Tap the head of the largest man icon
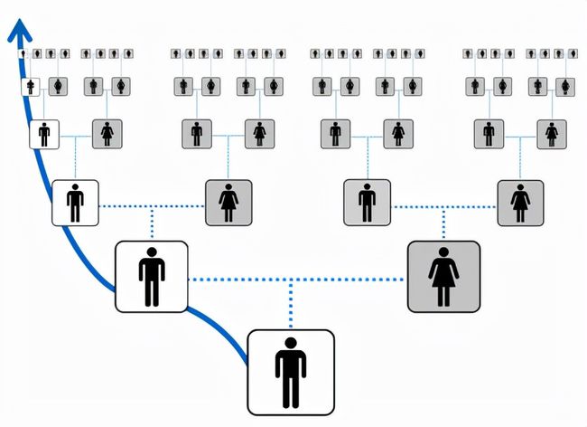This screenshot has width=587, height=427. (291, 344)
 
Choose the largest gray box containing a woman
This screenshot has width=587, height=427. (443, 277)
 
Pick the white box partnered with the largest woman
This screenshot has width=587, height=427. (151, 277)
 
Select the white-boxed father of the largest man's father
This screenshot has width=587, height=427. (75, 203)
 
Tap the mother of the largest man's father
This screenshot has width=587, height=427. (228, 203)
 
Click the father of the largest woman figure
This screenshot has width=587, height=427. (368, 203)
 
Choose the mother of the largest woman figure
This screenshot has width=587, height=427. (520, 203)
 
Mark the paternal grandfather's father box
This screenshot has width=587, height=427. (43, 135)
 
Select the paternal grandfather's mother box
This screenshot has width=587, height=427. (107, 135)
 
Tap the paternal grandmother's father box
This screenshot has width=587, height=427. (196, 135)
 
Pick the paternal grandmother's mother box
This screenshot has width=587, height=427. (260, 135)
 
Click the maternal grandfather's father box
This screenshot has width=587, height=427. (335, 135)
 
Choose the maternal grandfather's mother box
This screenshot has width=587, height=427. (398, 135)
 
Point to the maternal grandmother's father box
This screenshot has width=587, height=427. (489, 135)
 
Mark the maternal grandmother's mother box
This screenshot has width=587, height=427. (552, 135)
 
